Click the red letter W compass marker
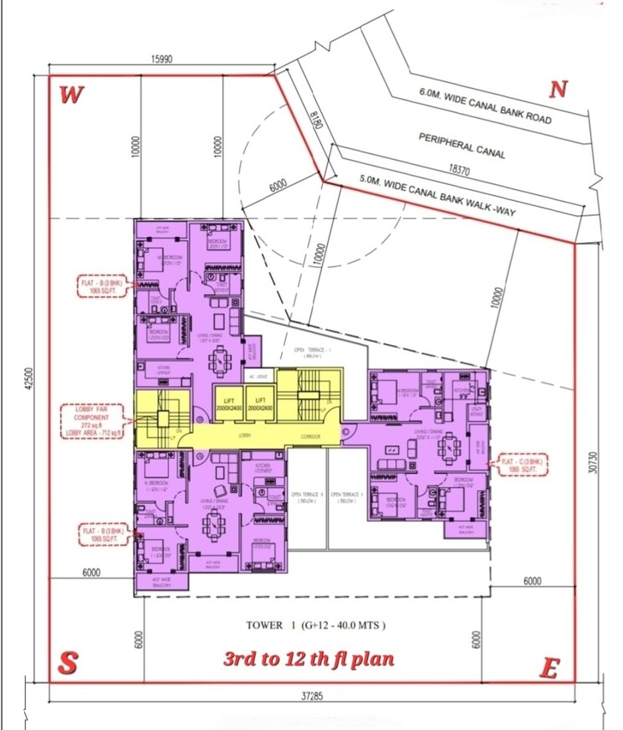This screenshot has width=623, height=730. (71, 95)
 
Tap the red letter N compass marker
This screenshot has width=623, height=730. (559, 90)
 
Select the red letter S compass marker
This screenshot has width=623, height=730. (68, 663)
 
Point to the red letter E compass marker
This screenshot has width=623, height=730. (549, 667)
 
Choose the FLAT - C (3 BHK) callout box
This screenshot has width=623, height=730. (523, 463)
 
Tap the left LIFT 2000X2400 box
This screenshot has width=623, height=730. (228, 404)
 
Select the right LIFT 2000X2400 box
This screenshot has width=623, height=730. (260, 404)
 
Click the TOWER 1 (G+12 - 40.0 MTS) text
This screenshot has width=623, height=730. (315, 625)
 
